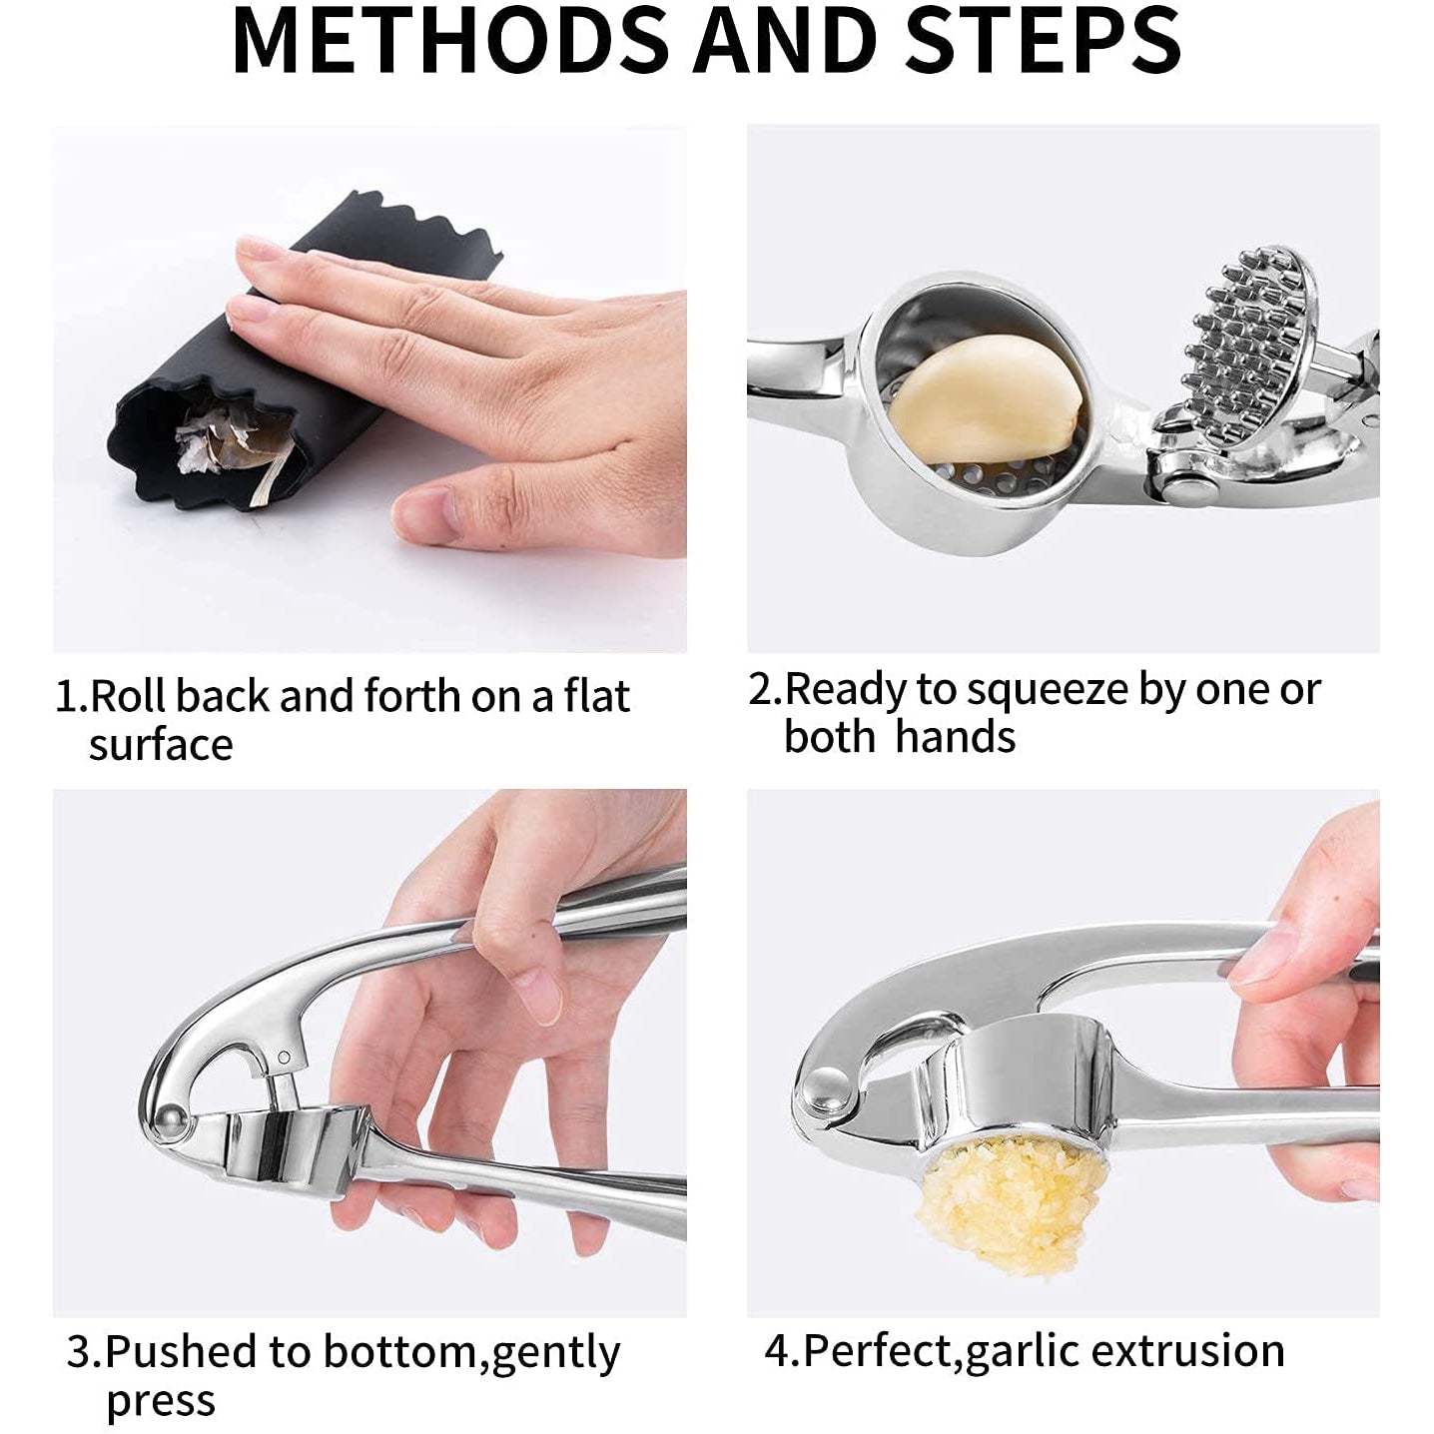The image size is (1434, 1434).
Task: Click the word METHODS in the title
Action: click(451, 40)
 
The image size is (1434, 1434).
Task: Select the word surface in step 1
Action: click(161, 745)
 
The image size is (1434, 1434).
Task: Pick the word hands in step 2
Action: click(956, 736)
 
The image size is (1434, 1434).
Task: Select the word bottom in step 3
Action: click(399, 1351)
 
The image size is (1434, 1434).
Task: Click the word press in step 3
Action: click(161, 1401)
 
